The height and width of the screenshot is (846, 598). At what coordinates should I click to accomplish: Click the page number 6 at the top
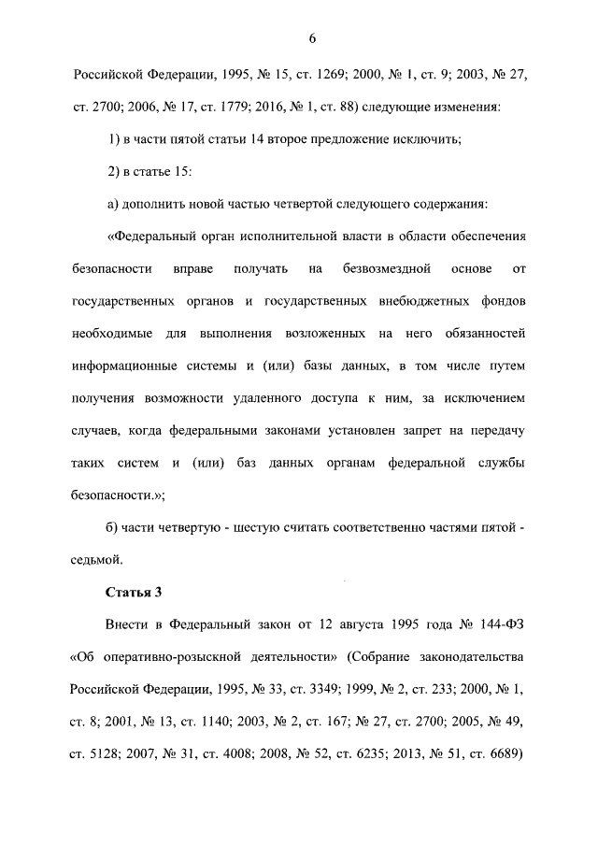pos(312,38)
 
